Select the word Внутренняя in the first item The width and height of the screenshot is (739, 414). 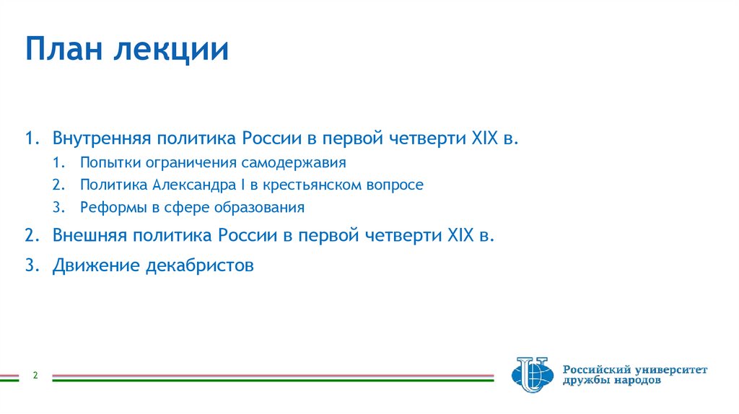[100, 138]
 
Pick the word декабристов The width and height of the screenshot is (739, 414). [200, 265]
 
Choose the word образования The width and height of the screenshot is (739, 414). [264, 208]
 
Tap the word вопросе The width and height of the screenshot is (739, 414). [397, 185]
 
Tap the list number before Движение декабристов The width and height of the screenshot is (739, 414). [30, 265]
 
